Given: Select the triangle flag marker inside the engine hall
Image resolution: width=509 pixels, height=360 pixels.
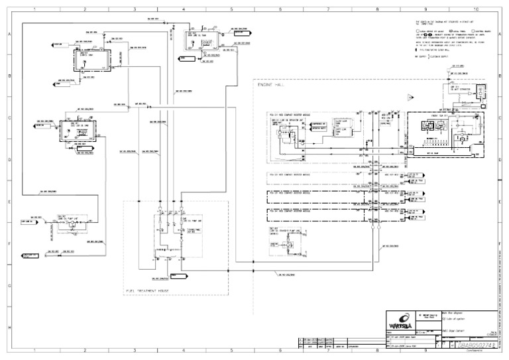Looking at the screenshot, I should click(x=410, y=97).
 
